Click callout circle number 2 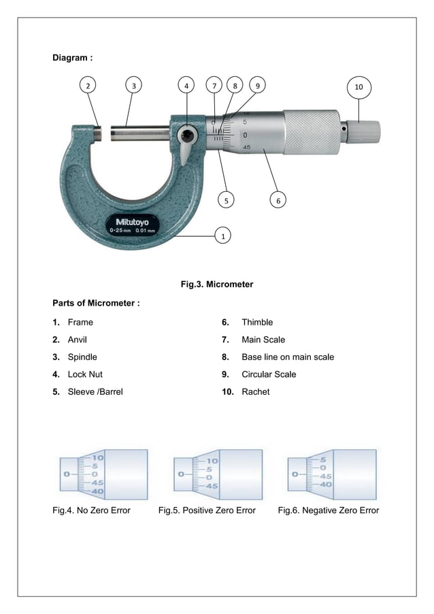[x=87, y=86]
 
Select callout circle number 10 [x=358, y=86]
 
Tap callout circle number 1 [x=220, y=236]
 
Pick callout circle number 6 [x=277, y=200]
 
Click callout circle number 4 [x=186, y=86]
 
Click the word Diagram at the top [x=72, y=58]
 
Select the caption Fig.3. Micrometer [x=216, y=284]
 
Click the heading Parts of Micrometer [x=96, y=302]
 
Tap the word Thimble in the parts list [x=257, y=322]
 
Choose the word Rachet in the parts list [x=255, y=391]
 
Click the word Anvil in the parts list [x=77, y=339]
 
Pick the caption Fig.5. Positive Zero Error [x=207, y=511]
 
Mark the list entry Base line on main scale [x=287, y=357]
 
